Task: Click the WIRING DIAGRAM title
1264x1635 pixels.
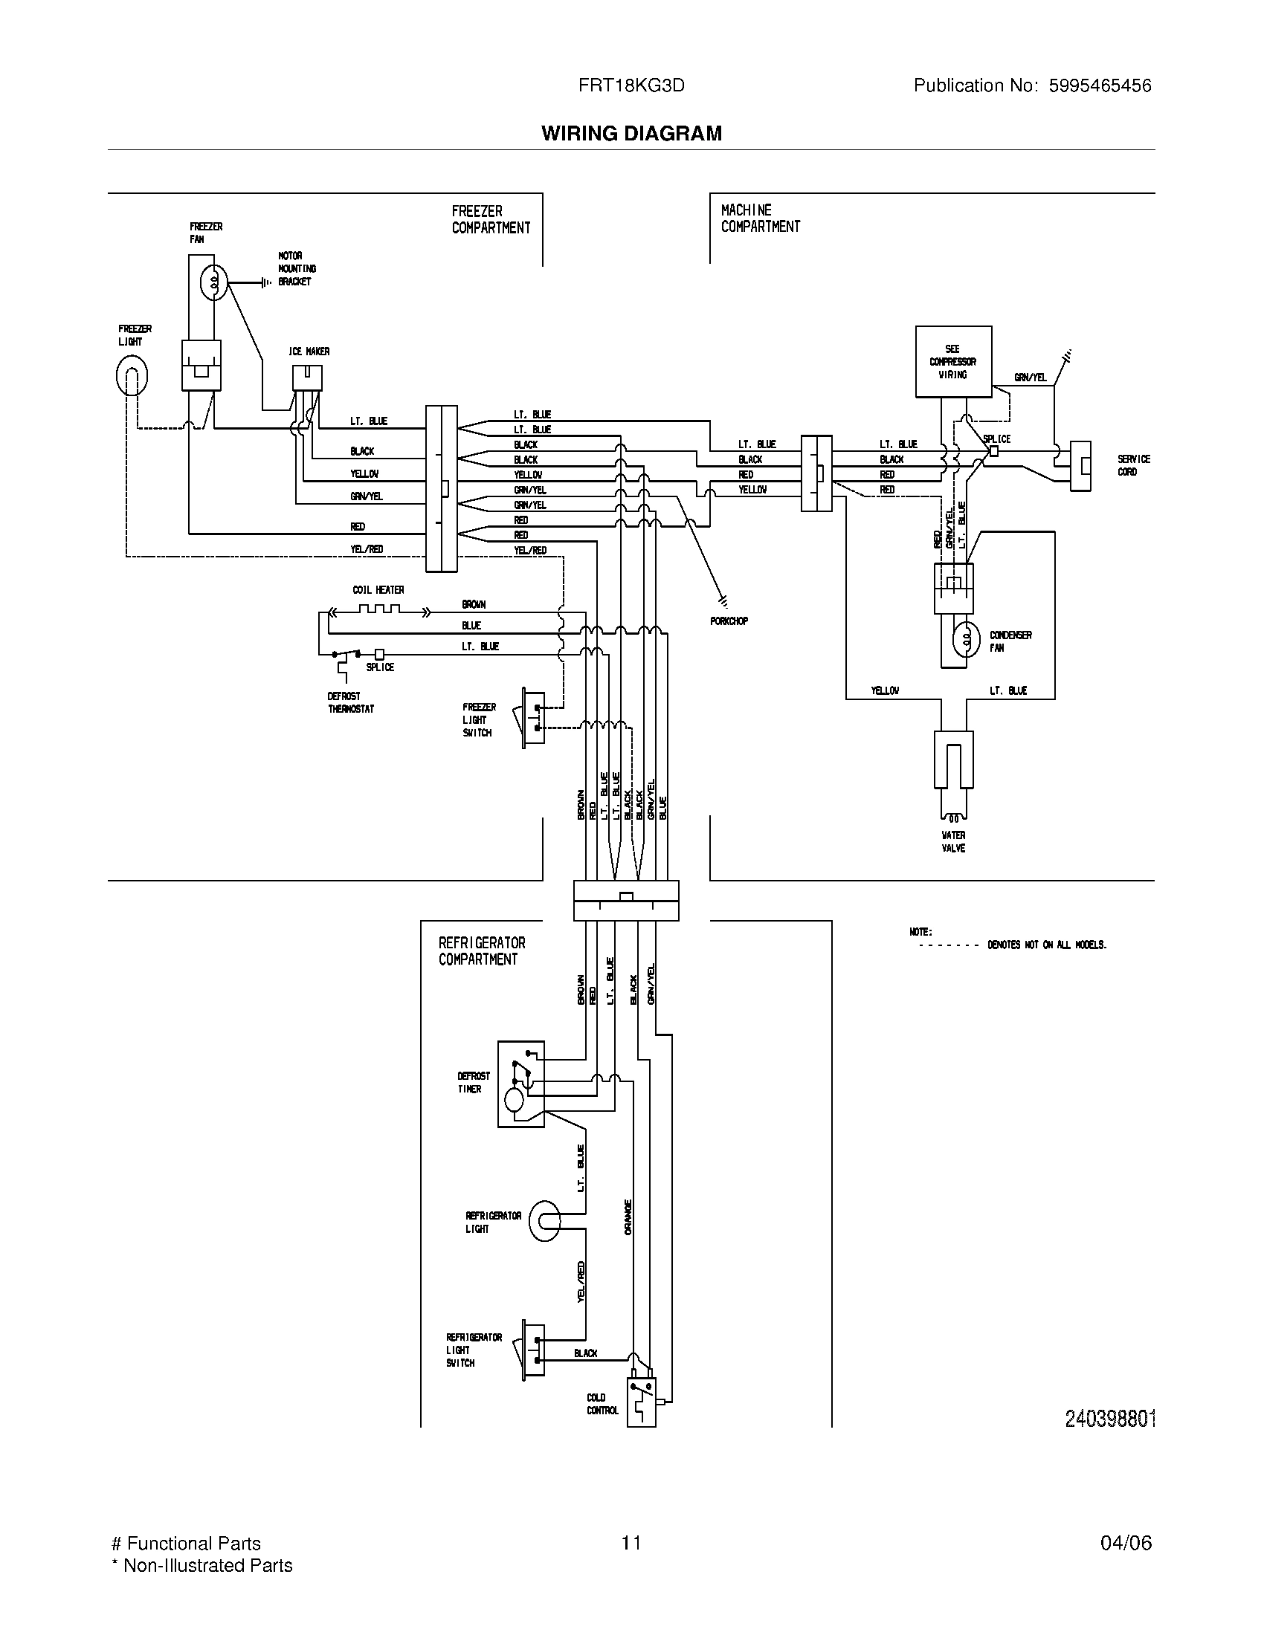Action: click(631, 133)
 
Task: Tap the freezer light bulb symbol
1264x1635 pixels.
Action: click(132, 376)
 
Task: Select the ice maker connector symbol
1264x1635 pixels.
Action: click(307, 378)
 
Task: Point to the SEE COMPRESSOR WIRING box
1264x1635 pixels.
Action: click(953, 362)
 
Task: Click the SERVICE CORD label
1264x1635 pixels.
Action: click(1133, 465)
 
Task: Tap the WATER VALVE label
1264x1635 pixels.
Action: click(953, 841)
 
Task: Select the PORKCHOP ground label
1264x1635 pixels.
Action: click(729, 621)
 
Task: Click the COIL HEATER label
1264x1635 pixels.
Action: click(378, 590)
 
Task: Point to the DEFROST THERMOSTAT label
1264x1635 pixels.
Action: click(350, 702)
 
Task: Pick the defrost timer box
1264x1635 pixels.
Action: click(520, 1084)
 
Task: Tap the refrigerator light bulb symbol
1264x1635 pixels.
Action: click(544, 1221)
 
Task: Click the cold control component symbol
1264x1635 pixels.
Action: click(640, 1402)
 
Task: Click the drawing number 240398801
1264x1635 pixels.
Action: click(1110, 1419)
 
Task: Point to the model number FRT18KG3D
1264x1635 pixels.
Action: click(631, 85)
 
